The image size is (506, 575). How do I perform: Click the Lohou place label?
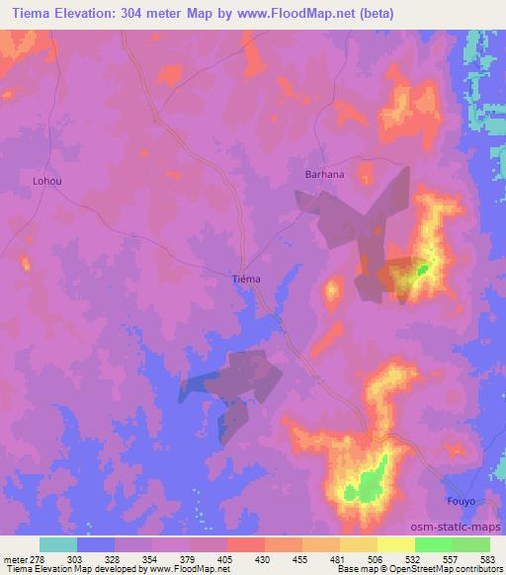pos(46,182)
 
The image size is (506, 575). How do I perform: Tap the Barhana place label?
pos(323,174)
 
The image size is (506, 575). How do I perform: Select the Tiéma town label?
pos(246,279)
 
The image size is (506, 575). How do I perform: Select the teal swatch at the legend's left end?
pos(58,544)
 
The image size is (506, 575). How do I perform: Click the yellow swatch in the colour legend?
pos(396,544)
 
